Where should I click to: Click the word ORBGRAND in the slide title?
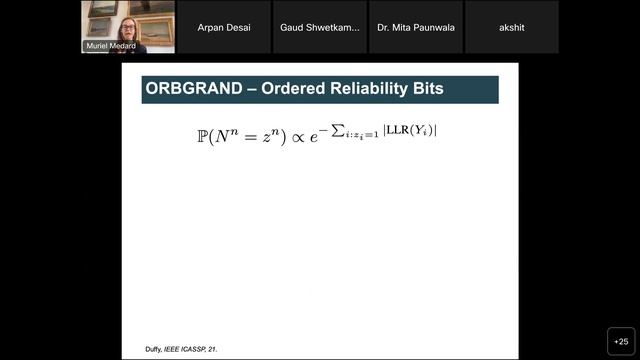192,90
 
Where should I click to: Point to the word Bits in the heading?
442,90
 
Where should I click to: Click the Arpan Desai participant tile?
224,27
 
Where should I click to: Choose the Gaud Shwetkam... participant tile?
320,27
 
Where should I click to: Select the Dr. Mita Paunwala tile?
415,27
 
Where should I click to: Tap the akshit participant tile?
512,27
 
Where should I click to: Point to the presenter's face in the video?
128,25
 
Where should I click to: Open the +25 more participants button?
620,340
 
